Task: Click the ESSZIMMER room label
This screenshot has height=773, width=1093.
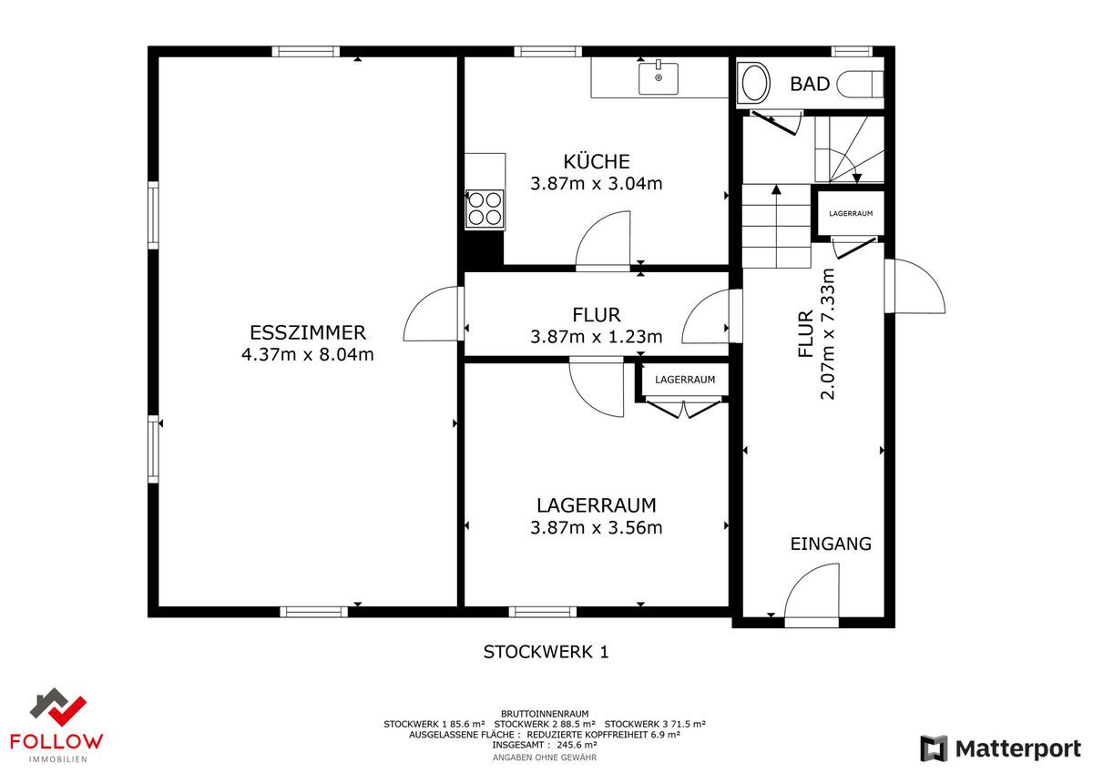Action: tap(308, 332)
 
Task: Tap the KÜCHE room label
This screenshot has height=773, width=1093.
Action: tap(597, 161)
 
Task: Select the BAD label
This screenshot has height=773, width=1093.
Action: tap(810, 84)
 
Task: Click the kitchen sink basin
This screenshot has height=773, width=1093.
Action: tap(659, 78)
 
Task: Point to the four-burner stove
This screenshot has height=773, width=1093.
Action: tap(485, 209)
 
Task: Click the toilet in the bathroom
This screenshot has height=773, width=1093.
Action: tap(860, 85)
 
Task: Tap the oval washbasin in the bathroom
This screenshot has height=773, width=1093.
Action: tap(755, 83)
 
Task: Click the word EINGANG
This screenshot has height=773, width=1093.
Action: tap(831, 544)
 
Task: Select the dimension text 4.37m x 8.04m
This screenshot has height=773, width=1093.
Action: tap(308, 354)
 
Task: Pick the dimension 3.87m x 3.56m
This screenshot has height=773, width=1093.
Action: tap(597, 527)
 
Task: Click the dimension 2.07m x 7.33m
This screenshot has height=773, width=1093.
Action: tap(828, 334)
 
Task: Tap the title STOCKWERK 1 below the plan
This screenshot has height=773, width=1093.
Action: tap(546, 652)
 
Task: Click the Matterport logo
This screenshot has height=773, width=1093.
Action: tap(1000, 748)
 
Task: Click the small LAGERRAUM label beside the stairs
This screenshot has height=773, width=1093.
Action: tap(851, 214)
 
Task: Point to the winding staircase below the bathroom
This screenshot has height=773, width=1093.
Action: tap(849, 149)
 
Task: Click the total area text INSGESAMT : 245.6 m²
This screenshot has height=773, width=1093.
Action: tap(545, 745)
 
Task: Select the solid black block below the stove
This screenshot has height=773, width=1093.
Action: tap(481, 249)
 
